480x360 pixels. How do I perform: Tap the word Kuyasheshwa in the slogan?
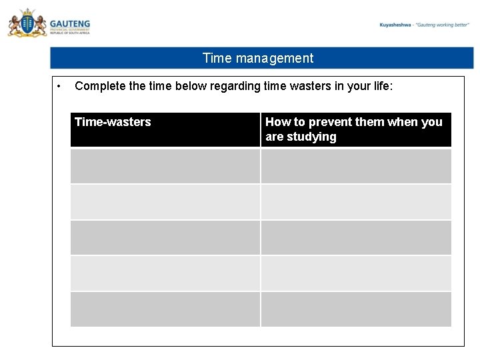pos(395,25)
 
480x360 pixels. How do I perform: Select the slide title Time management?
pos(257,58)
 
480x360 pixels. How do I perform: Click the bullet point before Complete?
pos(59,86)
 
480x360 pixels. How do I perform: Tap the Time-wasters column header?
pos(113,122)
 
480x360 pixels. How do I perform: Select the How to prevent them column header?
pos(353,122)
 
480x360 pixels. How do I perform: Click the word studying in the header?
pos(311,137)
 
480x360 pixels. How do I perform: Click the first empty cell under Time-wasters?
pos(165,166)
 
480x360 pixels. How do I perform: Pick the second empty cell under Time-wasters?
pos(165,202)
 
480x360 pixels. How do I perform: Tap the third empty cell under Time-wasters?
pos(165,238)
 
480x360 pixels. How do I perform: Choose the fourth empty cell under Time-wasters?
pos(165,273)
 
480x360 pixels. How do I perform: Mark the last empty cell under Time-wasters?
pos(165,309)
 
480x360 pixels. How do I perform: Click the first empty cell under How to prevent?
pos(356,166)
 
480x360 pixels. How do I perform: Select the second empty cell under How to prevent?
pos(356,202)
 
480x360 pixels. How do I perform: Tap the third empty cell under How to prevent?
pos(356,238)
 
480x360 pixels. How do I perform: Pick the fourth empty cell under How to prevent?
pos(356,273)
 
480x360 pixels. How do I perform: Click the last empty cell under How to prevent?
pos(356,309)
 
